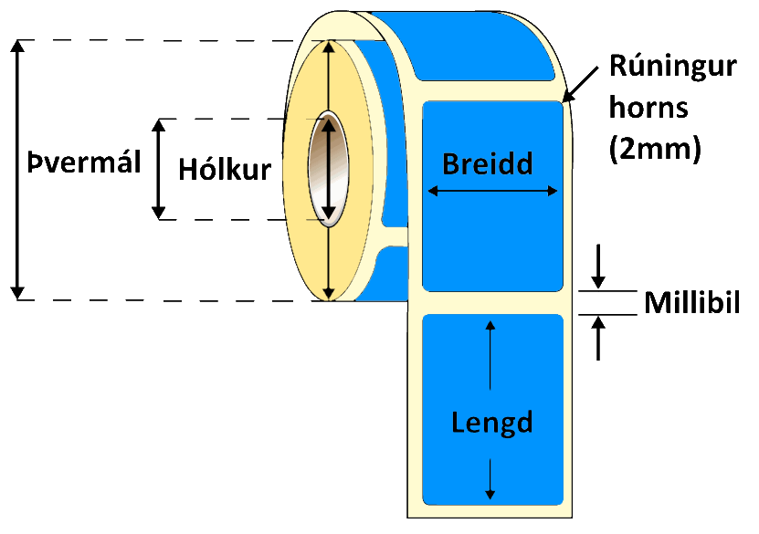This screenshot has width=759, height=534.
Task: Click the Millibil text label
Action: (690, 303)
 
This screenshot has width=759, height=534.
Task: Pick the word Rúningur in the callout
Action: (672, 67)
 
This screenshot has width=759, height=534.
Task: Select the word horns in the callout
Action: (650, 109)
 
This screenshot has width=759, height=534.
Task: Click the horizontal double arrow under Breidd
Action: (492, 191)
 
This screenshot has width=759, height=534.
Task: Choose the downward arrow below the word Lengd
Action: (491, 478)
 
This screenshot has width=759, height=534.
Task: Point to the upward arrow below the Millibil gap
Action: (598, 338)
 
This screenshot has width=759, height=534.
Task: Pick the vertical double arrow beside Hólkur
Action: (160, 169)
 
